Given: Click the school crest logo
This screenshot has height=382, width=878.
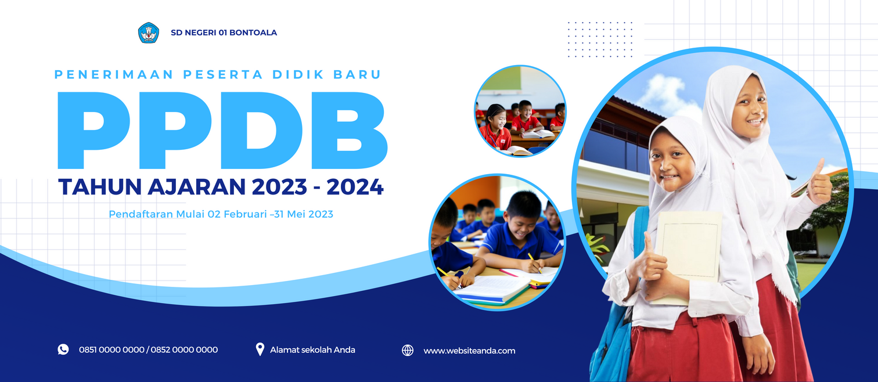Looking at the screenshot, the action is [x=149, y=33].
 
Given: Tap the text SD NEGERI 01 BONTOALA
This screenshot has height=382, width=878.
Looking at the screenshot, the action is [x=224, y=33].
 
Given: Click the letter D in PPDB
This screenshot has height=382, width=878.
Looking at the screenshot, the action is [x=261, y=131].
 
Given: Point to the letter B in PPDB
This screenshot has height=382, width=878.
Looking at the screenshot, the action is [x=350, y=131].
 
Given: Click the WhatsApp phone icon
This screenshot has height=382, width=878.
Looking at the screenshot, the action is [x=63, y=349].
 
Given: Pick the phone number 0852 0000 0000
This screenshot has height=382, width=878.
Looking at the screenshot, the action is [x=184, y=349].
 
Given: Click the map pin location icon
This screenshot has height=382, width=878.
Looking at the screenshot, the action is [x=260, y=349].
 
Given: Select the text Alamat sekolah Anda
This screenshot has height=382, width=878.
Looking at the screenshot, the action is [x=312, y=350].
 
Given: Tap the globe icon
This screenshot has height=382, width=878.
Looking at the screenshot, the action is [x=408, y=350].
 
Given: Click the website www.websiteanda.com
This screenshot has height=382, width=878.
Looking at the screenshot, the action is [x=469, y=351].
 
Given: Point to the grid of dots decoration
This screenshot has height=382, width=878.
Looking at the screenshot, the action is [x=600, y=39].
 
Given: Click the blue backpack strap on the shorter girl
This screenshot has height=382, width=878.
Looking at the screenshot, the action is [x=640, y=231].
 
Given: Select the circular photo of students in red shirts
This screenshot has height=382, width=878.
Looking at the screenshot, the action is [x=520, y=111].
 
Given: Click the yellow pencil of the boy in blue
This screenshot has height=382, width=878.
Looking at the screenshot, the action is [x=534, y=262].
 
